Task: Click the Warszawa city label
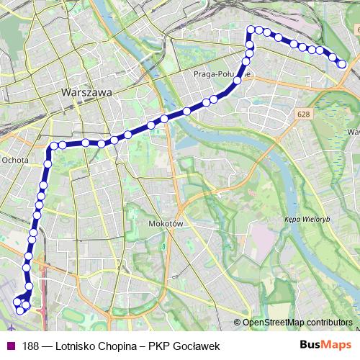[x=87, y=94]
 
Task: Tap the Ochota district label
[x=15, y=160]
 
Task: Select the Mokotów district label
[x=163, y=224]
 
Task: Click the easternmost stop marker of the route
[x=343, y=65]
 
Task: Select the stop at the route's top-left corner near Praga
[x=251, y=30]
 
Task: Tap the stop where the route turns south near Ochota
[x=53, y=146]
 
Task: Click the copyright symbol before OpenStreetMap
[x=237, y=323]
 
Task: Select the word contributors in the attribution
[x=328, y=323]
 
